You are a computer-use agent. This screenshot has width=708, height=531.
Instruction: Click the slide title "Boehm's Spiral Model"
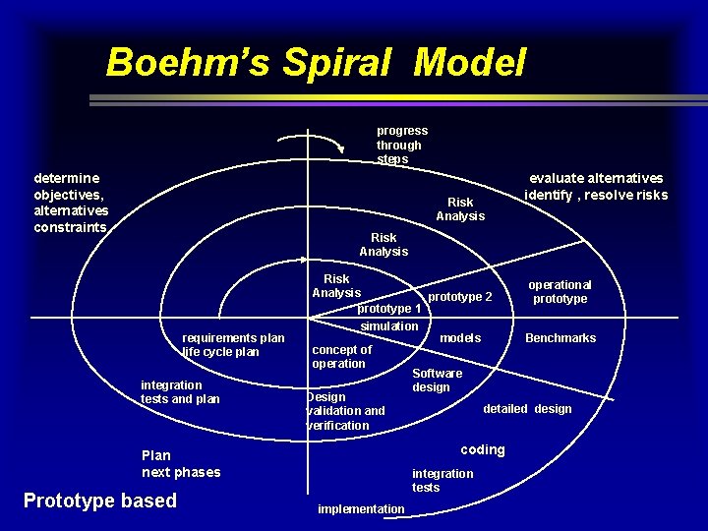click(316, 62)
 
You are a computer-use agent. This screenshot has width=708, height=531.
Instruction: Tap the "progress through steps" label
click(401, 145)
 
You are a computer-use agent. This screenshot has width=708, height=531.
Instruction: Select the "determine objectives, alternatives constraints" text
click(71, 203)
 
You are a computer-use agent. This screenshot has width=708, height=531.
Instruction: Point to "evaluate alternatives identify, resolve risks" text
click(596, 186)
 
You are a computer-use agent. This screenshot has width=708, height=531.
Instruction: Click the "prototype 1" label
click(388, 309)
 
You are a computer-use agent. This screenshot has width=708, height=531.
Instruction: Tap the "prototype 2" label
click(460, 296)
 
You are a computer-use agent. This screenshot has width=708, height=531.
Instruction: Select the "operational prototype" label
click(560, 291)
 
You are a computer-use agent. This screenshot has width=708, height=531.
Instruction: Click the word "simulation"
click(389, 326)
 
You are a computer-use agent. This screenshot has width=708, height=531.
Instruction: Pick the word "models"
click(460, 338)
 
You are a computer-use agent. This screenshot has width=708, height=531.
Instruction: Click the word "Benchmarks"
click(560, 338)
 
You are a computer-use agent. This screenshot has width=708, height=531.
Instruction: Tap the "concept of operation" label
click(341, 356)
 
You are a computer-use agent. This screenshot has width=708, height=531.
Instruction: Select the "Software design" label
click(437, 380)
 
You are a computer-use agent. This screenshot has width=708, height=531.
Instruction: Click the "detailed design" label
click(527, 409)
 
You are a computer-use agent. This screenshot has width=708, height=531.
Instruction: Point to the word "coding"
click(483, 449)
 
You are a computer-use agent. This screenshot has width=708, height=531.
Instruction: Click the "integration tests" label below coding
click(442, 480)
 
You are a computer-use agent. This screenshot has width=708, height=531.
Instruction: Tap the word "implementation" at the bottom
click(361, 508)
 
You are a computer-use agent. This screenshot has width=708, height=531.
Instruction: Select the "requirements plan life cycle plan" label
click(233, 345)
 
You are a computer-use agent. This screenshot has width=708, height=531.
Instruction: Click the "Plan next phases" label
click(181, 463)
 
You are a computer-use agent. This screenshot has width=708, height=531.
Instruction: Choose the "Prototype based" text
click(100, 501)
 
